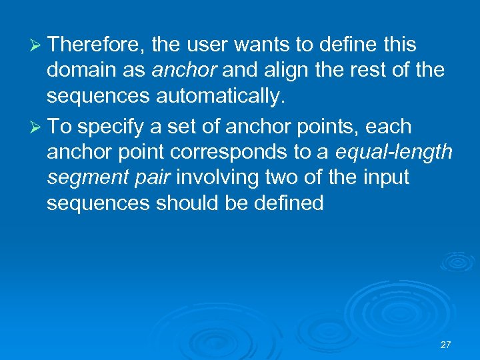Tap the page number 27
pyautogui.click(x=446, y=345)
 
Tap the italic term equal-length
pyautogui.click(x=394, y=153)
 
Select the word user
pyautogui.click(x=208, y=45)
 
